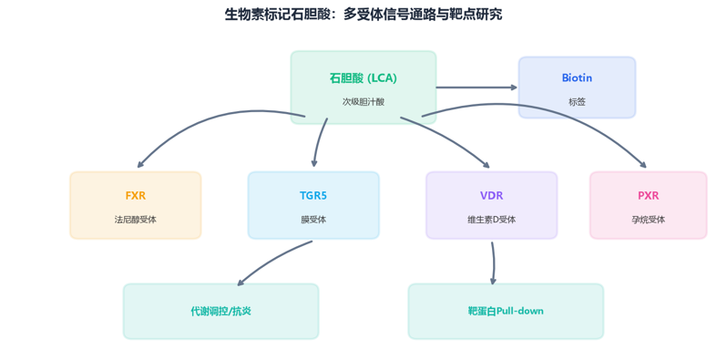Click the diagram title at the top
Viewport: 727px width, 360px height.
(x=363, y=15)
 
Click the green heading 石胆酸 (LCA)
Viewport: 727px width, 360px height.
(x=363, y=78)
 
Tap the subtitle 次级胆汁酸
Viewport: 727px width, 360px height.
(x=363, y=102)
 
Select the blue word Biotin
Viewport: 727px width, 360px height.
(x=577, y=77)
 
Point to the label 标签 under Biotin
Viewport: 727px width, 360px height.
(x=577, y=102)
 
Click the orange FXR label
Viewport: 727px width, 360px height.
(x=136, y=196)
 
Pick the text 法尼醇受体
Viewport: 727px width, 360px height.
(x=136, y=220)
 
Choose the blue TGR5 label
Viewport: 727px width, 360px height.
(x=313, y=196)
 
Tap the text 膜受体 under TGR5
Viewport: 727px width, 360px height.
(x=313, y=220)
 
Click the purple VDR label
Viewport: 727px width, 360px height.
(x=491, y=196)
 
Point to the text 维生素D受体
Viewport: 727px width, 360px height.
(x=491, y=220)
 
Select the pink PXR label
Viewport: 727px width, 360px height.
(x=648, y=196)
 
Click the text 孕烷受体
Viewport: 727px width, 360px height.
(x=648, y=220)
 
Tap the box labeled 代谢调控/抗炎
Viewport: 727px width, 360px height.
(x=220, y=312)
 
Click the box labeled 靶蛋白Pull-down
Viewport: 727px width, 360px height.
(x=506, y=312)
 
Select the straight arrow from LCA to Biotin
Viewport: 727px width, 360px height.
(x=476, y=87)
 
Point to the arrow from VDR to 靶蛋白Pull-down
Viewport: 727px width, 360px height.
(x=494, y=262)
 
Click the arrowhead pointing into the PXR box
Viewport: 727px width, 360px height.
(x=642, y=164)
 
